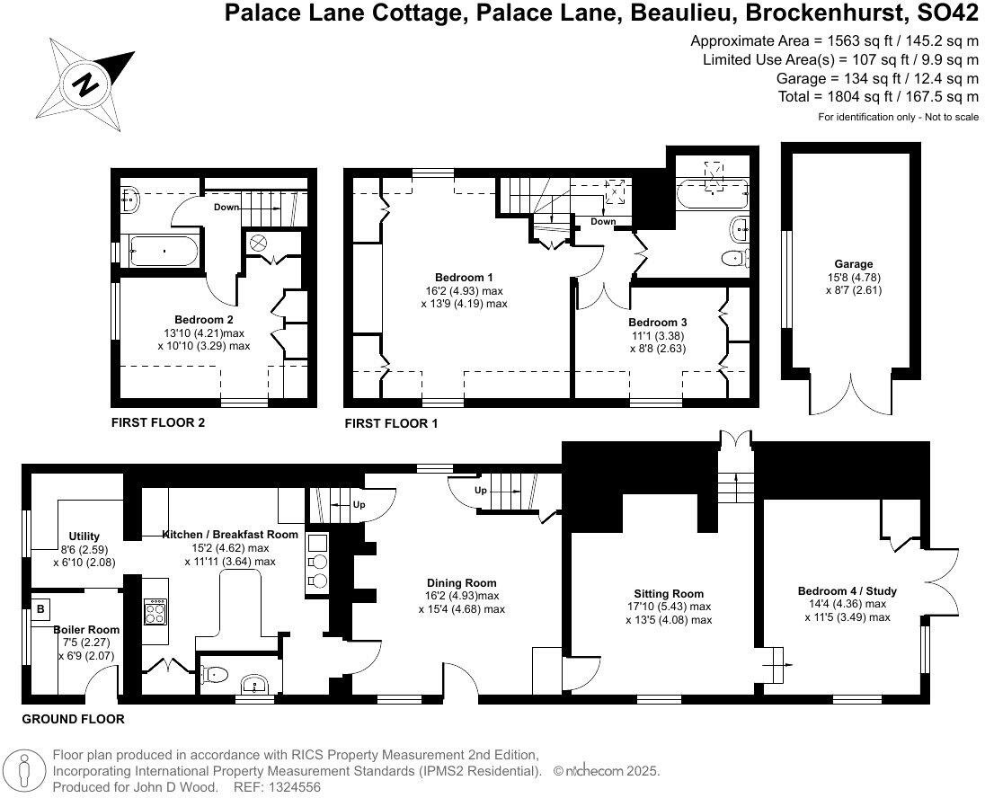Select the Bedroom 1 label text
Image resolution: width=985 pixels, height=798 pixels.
[463, 277]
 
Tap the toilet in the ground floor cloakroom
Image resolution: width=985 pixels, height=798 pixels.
[214, 672]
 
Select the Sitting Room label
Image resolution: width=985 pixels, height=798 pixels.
[669, 593]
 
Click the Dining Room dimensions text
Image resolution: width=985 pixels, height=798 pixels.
[462, 602]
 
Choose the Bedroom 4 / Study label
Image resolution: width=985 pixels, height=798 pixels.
[847, 590]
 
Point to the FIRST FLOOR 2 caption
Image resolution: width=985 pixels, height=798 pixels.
[157, 421]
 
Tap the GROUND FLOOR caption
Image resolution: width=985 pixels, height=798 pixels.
[73, 719]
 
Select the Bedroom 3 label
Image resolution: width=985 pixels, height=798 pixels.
[657, 322]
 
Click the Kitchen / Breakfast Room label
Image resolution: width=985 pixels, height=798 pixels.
[230, 534]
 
